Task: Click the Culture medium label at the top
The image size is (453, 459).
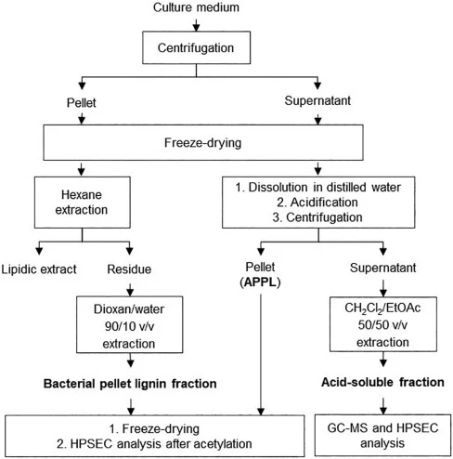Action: point(196,7)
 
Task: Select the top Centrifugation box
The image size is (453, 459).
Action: point(196,47)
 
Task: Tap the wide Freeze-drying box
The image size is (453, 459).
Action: point(203,142)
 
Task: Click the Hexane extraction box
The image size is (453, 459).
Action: point(82,203)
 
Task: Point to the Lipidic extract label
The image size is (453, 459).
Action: point(39,269)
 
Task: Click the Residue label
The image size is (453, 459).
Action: point(129,269)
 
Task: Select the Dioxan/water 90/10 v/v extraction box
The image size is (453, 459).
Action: point(130,324)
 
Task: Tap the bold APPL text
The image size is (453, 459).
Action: point(260,282)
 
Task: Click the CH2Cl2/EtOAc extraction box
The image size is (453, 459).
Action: point(383,324)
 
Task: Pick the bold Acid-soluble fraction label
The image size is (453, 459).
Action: point(382,382)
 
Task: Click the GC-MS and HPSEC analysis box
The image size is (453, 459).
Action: point(382,435)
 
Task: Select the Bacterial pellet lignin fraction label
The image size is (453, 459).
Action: point(130,384)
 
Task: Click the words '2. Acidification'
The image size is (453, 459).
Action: point(317,203)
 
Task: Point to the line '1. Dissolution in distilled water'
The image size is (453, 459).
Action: point(318,187)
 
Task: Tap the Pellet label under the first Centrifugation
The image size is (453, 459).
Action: point(82,102)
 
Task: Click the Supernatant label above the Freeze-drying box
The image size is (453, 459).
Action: point(317,100)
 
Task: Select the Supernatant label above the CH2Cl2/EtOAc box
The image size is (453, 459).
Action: point(383,268)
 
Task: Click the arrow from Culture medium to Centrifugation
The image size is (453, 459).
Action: point(196,24)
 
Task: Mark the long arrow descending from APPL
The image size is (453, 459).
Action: point(261,354)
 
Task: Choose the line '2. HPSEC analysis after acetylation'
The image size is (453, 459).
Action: point(154,444)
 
